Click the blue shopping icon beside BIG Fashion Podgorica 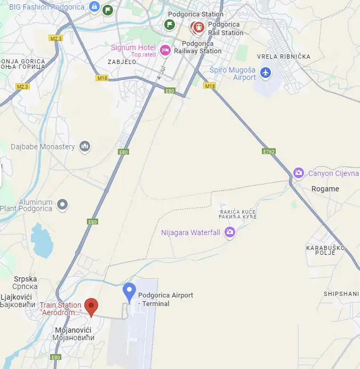[x=94, y=7]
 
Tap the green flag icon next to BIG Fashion [x=108, y=10]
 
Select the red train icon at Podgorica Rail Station [x=198, y=27]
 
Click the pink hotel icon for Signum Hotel [x=165, y=50]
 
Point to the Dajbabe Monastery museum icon [x=84, y=146]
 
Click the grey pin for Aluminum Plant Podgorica [x=63, y=204]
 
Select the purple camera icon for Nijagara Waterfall [x=229, y=232]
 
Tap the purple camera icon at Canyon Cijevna [x=299, y=173]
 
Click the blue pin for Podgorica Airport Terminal [x=129, y=292]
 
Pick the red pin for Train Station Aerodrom [x=92, y=306]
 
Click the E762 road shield [x=269, y=151]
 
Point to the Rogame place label [x=325, y=189]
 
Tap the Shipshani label [x=341, y=294]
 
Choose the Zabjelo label [x=122, y=62]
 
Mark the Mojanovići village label [x=74, y=334]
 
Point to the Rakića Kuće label [x=238, y=214]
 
